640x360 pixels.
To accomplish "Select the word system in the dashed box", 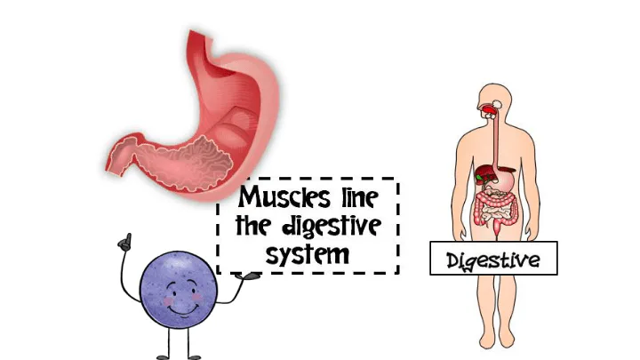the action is [x=308, y=255].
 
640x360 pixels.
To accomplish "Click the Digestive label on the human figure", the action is [x=493, y=259].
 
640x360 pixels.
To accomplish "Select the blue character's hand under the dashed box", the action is [x=249, y=276].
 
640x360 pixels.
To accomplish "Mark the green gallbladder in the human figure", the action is [x=479, y=178].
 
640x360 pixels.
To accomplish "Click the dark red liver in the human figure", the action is [x=487, y=172].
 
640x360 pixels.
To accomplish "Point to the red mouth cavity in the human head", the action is [x=489, y=110].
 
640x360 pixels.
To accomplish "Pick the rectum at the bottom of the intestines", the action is [x=497, y=230].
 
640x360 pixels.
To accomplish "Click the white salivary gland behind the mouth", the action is [x=498, y=104].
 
